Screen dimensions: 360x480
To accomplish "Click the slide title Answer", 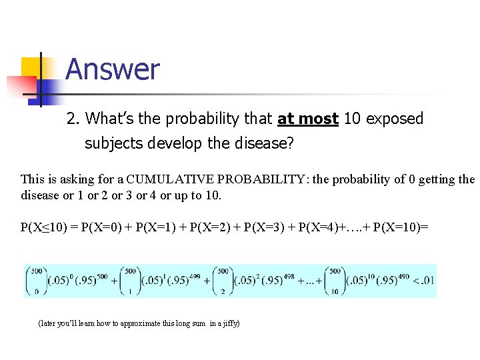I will pyautogui.click(x=113, y=69).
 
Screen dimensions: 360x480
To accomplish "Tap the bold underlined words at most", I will pyautogui.click(x=308, y=119).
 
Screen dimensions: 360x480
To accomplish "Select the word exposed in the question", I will pyautogui.click(x=393, y=119).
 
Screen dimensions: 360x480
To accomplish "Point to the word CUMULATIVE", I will pyautogui.click(x=169, y=179).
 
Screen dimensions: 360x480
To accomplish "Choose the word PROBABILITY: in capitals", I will pyautogui.click(x=257, y=179).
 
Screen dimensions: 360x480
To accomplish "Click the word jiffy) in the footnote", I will pyautogui.click(x=229, y=323).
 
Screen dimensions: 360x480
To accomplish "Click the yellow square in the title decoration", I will pyautogui.click(x=31, y=67).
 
